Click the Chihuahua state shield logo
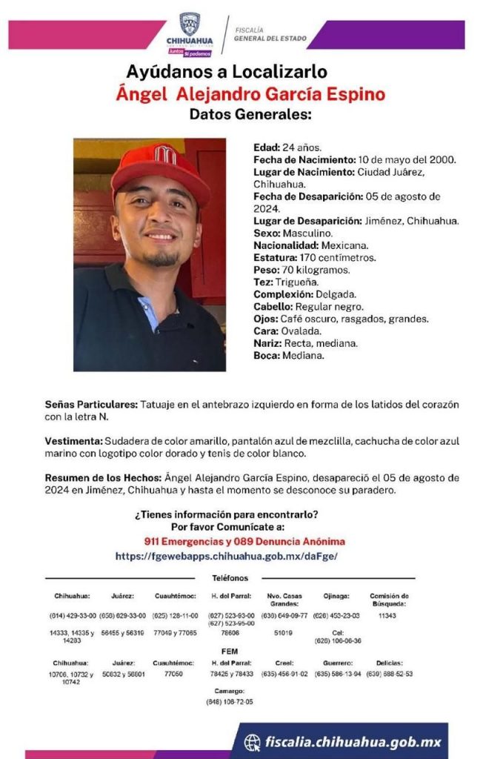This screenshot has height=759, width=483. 190,24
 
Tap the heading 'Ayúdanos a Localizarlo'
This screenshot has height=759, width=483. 227,73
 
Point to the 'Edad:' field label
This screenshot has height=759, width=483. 266,148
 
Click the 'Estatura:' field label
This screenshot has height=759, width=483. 277,258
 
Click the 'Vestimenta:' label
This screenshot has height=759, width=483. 73,441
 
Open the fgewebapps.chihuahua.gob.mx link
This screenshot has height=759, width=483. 227,555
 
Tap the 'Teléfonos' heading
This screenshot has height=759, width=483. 230,578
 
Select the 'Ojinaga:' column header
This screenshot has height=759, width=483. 336,596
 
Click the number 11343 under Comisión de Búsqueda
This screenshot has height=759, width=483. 387,615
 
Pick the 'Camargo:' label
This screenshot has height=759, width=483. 230,691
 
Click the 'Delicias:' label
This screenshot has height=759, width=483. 388,663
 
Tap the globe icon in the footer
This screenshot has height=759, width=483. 253,742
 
